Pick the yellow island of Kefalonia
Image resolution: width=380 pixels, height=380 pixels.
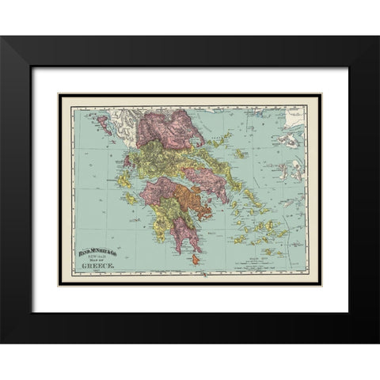click(126, 187)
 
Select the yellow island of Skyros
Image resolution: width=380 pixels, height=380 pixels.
click(237, 154)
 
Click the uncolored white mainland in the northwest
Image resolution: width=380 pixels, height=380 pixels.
click(119, 119)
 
